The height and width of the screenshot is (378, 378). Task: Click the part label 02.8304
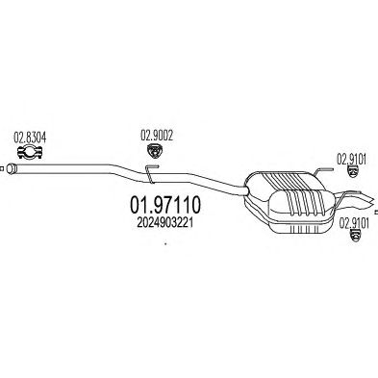tap(30, 138)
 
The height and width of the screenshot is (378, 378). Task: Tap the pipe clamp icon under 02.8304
tap(30, 152)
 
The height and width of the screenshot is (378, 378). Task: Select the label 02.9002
tap(157, 136)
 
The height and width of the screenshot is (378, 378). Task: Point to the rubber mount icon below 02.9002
tap(154, 151)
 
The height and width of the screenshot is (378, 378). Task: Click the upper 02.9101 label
tap(351, 159)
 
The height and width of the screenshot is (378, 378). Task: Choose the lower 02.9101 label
tap(354, 223)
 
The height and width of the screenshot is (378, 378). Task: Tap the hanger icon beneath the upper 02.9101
tap(353, 172)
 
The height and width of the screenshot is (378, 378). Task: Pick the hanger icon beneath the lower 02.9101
tap(355, 236)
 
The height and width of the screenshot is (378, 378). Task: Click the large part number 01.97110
tap(165, 205)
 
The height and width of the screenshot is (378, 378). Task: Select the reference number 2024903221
tap(164, 223)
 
